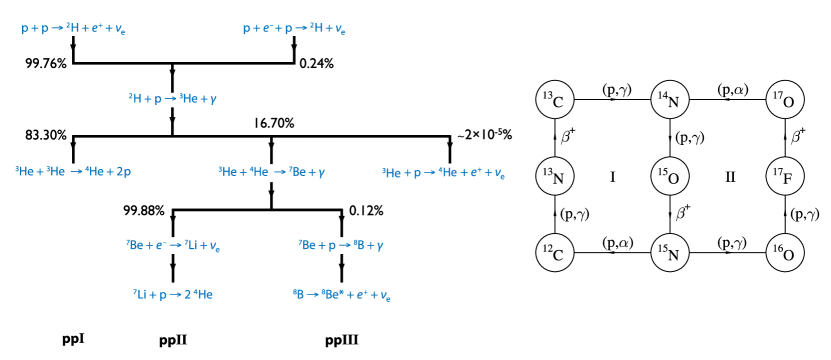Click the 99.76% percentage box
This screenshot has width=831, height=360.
point(46,64)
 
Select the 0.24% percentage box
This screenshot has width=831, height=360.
point(317,64)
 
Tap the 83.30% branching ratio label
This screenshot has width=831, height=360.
point(46,134)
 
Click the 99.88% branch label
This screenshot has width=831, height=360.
point(142,211)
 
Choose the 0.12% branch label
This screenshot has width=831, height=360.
point(365,211)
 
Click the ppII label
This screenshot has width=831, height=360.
point(173,339)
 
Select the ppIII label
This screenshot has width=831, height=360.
point(342,339)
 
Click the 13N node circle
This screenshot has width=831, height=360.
point(552,176)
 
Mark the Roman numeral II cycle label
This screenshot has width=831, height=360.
point(730,177)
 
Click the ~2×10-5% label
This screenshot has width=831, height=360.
point(483,134)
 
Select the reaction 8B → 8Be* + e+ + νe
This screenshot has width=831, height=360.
point(342,296)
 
